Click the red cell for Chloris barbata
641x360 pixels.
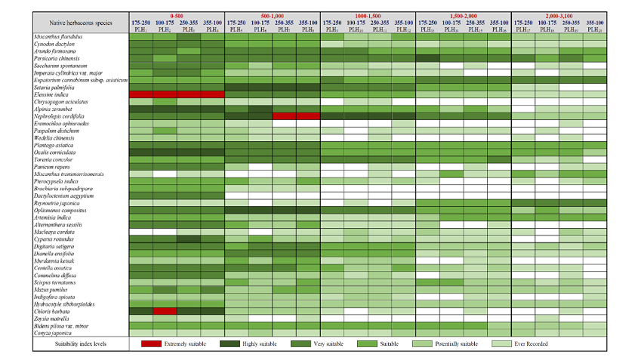click(165, 310)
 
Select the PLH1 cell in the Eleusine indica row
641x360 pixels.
click(141, 94)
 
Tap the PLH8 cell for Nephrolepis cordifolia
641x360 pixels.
click(307, 116)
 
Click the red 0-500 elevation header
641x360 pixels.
click(177, 15)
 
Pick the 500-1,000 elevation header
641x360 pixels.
click(273, 15)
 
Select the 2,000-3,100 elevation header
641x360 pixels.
click(559, 15)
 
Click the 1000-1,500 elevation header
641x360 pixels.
click(368, 15)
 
